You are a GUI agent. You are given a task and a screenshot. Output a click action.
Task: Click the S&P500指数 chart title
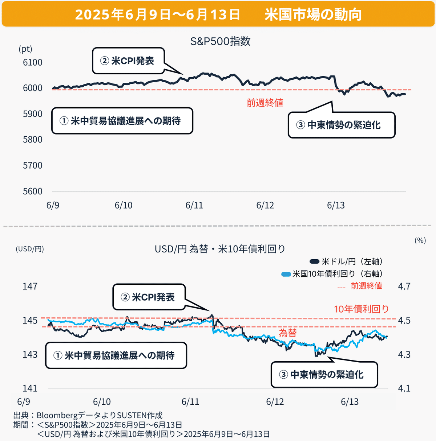pyautogui.click(x=220, y=41)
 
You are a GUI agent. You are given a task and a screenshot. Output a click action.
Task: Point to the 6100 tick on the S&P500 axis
pyautogui.click(x=33, y=62)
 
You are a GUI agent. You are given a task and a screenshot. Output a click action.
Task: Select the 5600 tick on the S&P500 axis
pyautogui.click(x=33, y=191)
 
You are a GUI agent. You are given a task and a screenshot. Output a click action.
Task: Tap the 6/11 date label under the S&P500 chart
pyautogui.click(x=194, y=205)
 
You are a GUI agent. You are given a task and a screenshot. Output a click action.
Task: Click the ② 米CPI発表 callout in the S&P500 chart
pyautogui.click(x=128, y=61)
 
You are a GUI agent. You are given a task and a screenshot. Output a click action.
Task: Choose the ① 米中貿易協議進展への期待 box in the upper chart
pyautogui.click(x=122, y=121)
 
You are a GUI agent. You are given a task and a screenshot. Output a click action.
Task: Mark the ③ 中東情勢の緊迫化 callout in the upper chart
pyautogui.click(x=341, y=125)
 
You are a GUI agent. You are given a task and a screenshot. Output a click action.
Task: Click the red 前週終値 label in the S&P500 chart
pyautogui.click(x=265, y=103)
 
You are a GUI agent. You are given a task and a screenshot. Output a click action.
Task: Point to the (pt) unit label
pyautogui.click(x=25, y=49)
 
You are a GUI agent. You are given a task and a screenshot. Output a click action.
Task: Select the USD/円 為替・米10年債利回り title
pyautogui.click(x=220, y=249)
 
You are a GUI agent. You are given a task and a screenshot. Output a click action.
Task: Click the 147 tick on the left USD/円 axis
pyautogui.click(x=30, y=287)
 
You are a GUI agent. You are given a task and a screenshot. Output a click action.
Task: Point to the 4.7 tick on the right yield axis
pyautogui.click(x=404, y=287)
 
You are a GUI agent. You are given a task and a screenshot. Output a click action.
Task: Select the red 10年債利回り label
pyautogui.click(x=361, y=309)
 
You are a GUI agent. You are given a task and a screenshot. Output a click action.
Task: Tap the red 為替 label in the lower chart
pyautogui.click(x=288, y=333)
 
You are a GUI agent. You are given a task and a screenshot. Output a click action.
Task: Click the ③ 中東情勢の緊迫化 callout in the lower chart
pyautogui.click(x=324, y=375)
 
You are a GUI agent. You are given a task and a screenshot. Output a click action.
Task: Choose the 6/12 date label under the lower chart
pyautogui.click(x=275, y=402)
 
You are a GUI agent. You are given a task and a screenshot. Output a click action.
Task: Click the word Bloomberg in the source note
pyautogui.click(x=56, y=415)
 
